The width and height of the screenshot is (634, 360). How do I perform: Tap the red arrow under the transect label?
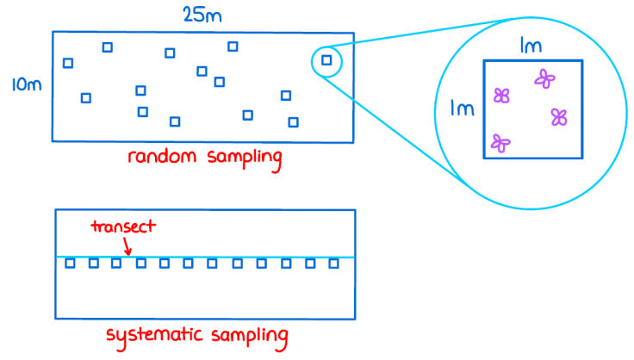[127, 245]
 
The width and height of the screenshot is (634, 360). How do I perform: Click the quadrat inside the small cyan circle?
[326, 59]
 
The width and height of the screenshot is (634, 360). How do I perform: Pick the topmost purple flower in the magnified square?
[544, 79]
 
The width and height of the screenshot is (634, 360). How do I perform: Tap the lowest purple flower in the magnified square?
[500, 143]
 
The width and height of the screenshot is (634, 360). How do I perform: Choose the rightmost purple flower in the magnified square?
[560, 116]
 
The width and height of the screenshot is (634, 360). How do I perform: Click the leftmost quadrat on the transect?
[71, 264]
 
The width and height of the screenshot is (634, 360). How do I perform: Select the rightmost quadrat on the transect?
[333, 264]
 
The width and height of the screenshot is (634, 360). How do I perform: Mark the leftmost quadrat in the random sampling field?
[68, 63]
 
